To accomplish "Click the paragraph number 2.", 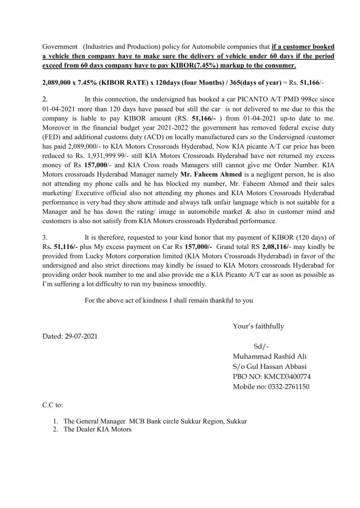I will pos(45,99).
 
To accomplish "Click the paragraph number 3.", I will pos(45,237).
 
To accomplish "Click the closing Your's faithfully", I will pos(258,326).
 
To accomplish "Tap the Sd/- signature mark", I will pos(261,346).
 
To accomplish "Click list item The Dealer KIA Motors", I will pos(97,430).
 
